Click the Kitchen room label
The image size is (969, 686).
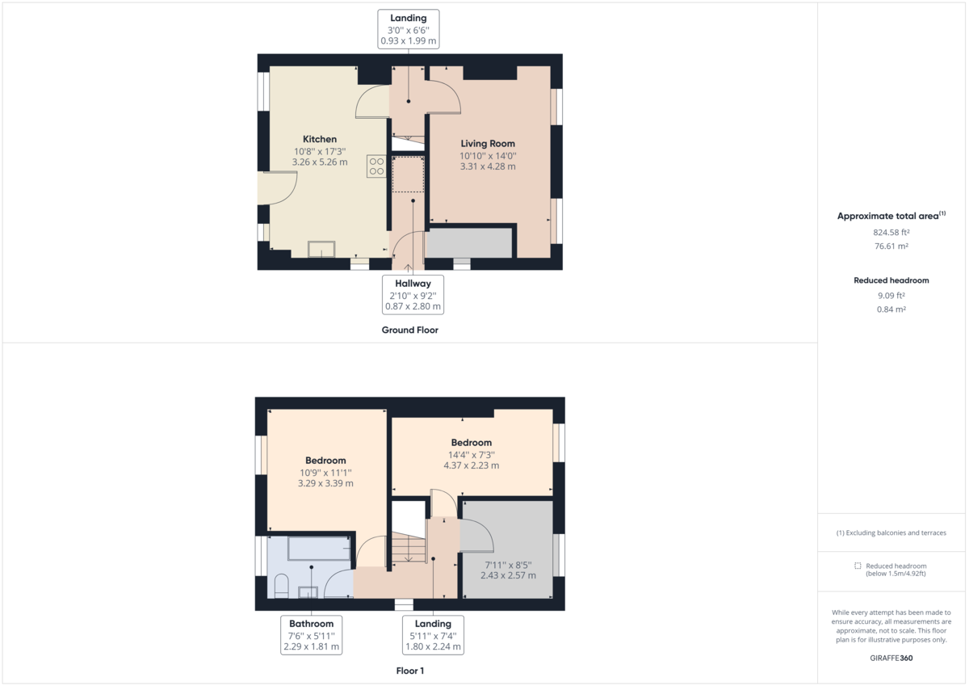[320, 139]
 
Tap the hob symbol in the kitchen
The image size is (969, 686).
[376, 166]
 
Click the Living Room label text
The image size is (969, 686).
[488, 144]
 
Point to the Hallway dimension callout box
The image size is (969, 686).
[413, 294]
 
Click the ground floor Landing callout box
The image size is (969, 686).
[409, 28]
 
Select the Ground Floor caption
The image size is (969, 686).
[409, 330]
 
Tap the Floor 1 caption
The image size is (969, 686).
[409, 671]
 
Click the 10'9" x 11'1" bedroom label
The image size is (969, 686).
[325, 472]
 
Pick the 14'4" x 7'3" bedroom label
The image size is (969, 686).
[471, 454]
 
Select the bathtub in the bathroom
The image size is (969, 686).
[319, 549]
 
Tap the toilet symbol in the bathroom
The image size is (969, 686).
[280, 586]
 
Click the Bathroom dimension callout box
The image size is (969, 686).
[311, 635]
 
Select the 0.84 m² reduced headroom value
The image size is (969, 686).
[891, 309]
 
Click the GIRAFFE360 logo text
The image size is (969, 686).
[891, 658]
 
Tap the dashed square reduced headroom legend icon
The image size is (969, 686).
[858, 566]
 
